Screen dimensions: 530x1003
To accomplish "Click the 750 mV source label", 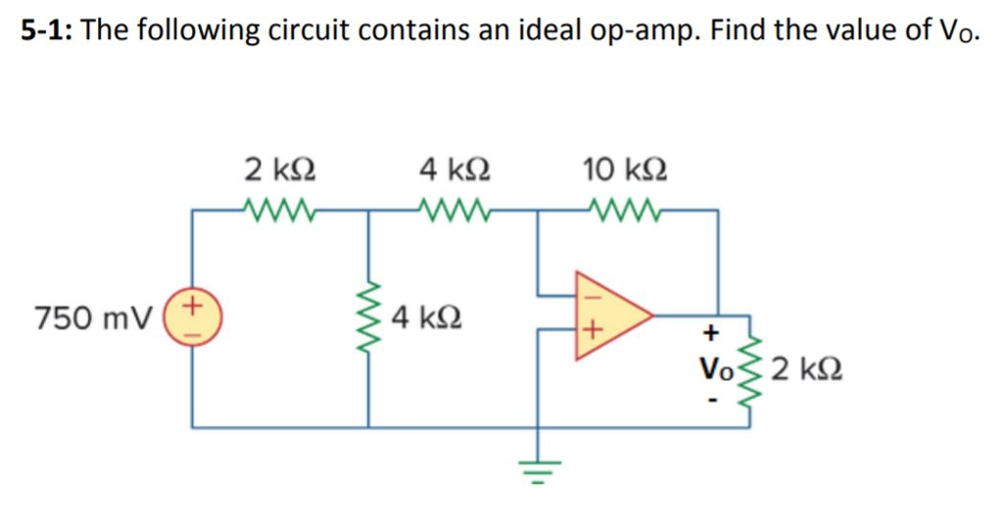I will coord(93,317).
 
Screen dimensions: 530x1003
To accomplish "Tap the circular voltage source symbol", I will coord(192,317).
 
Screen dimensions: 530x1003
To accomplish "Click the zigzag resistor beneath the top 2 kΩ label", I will coord(279,209).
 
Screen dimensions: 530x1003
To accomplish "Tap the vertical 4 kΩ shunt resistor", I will coord(369,317).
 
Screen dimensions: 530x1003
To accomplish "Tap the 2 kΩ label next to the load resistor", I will coord(807,370).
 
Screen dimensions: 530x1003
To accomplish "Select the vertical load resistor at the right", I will coord(751,370).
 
